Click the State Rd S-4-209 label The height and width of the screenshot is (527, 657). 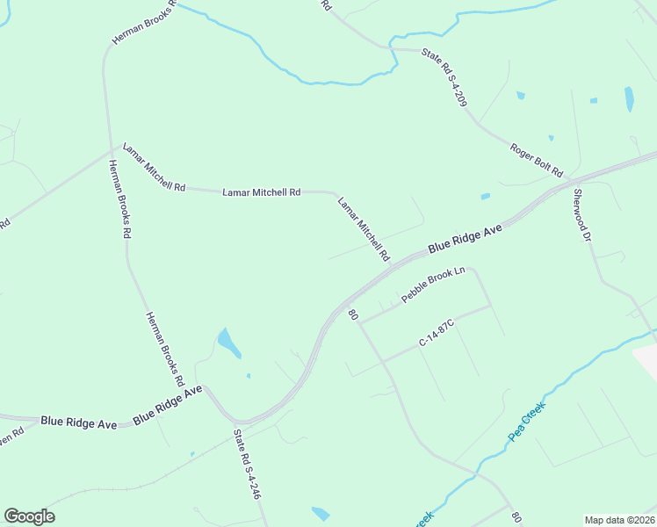pyautogui.click(x=444, y=78)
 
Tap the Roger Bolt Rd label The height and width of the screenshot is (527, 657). pyautogui.click(x=536, y=161)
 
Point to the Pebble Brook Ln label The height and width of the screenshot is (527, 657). pyautogui.click(x=432, y=285)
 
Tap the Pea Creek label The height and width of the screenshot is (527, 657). pyautogui.click(x=527, y=423)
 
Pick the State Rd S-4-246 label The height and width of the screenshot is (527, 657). pyautogui.click(x=247, y=465)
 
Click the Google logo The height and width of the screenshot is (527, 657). pyautogui.click(x=30, y=516)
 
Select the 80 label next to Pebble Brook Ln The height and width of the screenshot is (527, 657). pyautogui.click(x=353, y=314)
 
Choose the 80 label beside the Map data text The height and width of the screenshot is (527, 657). pyautogui.click(x=517, y=518)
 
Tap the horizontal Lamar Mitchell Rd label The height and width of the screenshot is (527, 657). pyautogui.click(x=261, y=191)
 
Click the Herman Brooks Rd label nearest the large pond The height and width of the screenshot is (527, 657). pyautogui.click(x=164, y=349)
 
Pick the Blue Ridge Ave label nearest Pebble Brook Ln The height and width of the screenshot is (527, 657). pyautogui.click(x=465, y=239)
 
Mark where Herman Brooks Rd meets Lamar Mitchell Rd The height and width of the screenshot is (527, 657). pyautogui.click(x=119, y=146)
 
